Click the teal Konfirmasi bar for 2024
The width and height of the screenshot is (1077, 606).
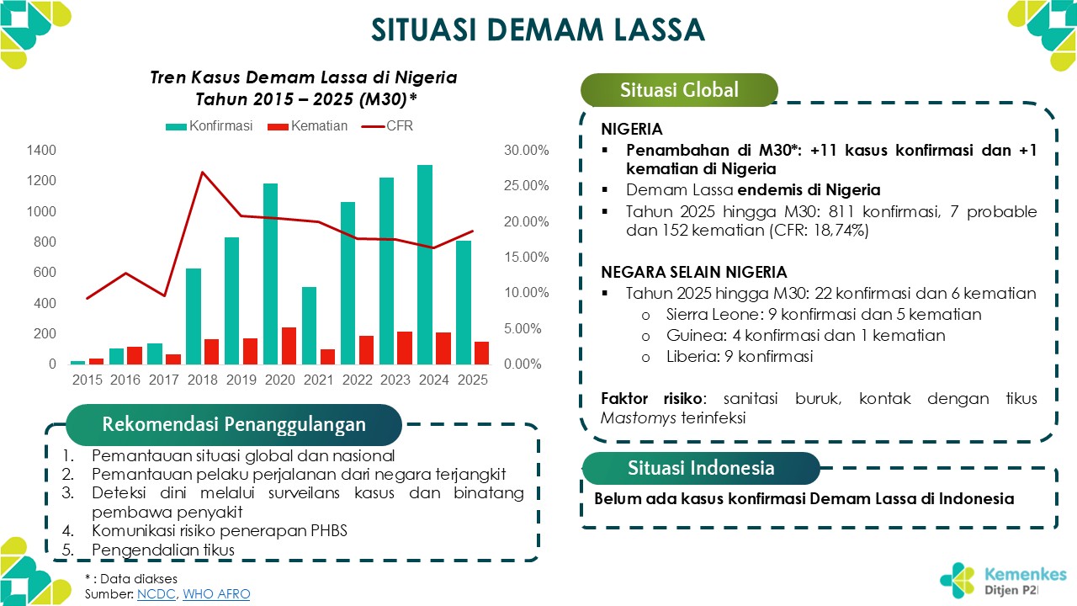coord(425,264)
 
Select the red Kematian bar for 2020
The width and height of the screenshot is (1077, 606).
coord(289,346)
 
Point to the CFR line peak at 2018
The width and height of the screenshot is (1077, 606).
coord(203,173)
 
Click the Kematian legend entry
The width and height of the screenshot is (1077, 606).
coord(307,126)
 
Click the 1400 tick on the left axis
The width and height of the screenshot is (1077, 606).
coord(41,150)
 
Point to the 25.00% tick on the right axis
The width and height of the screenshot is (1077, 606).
coord(527,186)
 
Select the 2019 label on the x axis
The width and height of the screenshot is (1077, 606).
coord(241,380)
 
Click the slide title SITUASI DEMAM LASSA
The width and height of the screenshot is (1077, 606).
coord(538,29)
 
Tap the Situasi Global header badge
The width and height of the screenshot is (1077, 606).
coord(679,90)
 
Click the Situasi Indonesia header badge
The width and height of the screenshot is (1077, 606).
coord(701,468)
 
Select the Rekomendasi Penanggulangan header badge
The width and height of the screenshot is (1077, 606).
coord(233,424)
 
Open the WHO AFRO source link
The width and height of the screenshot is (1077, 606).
coord(216,594)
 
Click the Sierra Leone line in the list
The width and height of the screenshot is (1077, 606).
coord(823,315)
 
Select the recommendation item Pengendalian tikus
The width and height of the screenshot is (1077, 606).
coord(163,550)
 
